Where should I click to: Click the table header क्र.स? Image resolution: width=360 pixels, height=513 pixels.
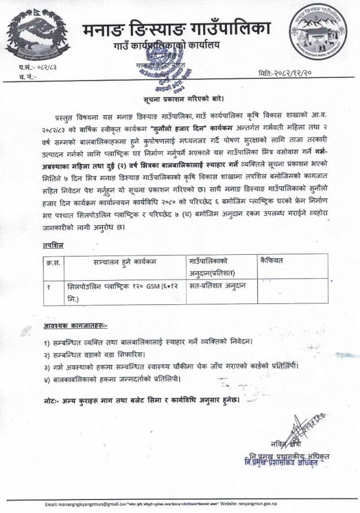tap(54, 262)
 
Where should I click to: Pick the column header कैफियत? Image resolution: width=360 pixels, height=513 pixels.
tap(275, 261)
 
